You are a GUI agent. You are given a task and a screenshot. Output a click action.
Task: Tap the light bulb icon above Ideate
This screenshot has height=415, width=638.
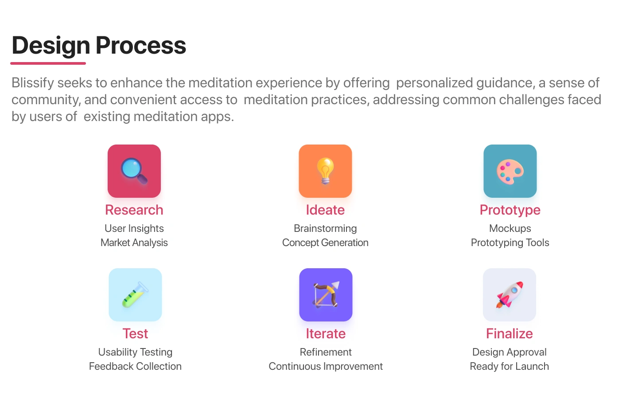(325, 171)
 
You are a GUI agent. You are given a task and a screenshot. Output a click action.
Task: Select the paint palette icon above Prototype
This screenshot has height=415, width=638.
(510, 171)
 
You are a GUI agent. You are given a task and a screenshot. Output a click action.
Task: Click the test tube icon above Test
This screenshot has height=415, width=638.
(135, 295)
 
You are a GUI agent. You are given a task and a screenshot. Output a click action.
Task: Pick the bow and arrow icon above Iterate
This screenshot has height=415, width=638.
(326, 295)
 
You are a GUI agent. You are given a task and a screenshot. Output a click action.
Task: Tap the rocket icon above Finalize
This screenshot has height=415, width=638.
(510, 295)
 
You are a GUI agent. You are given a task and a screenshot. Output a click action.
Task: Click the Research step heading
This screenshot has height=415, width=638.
(134, 210)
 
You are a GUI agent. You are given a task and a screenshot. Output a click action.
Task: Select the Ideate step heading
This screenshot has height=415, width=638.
(325, 210)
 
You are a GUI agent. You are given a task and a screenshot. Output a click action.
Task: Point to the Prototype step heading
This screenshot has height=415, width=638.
(510, 211)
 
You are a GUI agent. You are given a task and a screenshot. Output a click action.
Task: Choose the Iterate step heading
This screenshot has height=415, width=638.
(326, 334)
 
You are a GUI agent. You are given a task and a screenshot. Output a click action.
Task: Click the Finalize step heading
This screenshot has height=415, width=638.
(510, 334)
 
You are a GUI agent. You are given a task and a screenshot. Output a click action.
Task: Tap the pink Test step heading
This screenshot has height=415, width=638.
(135, 334)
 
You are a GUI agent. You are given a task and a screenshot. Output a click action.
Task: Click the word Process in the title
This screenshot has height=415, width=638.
(141, 46)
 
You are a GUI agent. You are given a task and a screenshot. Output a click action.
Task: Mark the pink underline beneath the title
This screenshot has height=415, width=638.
(48, 63)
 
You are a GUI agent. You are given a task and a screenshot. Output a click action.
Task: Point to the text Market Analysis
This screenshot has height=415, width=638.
(134, 243)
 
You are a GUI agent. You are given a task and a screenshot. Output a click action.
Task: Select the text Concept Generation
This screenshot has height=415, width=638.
(325, 243)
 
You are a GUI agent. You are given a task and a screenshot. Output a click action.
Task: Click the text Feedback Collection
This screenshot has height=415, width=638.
(135, 367)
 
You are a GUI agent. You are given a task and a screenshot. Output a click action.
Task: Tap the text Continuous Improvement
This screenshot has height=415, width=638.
(326, 367)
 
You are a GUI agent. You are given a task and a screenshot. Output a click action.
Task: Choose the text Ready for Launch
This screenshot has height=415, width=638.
(510, 367)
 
